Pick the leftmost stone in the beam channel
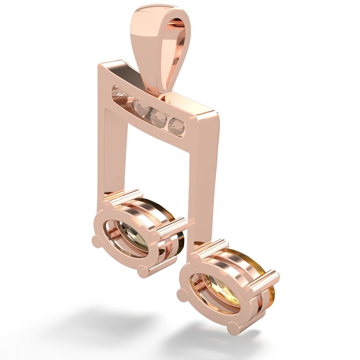click(x=116, y=92)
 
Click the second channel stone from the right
click(x=157, y=117)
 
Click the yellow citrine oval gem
click(x=212, y=284)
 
